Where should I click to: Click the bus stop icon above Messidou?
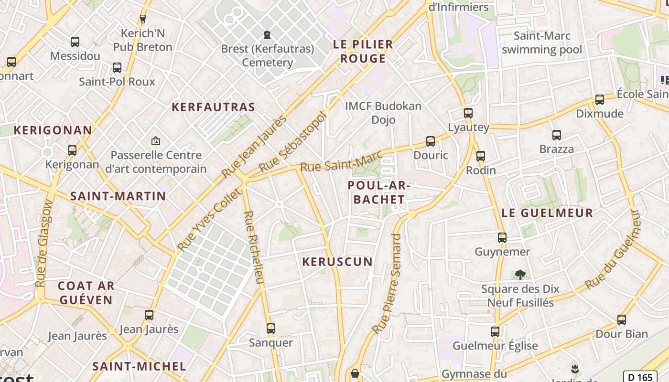75,42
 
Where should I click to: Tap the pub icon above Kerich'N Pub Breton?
142,19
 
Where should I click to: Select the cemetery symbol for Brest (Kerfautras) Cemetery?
267,35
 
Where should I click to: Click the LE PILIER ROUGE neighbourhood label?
363,52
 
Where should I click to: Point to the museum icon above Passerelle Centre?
155,141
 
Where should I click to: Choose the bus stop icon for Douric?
431,141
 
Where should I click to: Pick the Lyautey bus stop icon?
468,113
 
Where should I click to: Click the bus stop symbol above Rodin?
481,156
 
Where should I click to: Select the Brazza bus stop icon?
557,135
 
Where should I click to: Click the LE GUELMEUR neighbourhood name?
547,213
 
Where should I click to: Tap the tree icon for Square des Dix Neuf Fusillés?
520,275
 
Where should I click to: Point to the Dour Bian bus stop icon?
622,320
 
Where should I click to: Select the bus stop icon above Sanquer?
271,329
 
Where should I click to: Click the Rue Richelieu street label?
254,248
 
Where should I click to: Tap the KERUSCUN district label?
337,262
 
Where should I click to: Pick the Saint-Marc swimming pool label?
542,42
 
